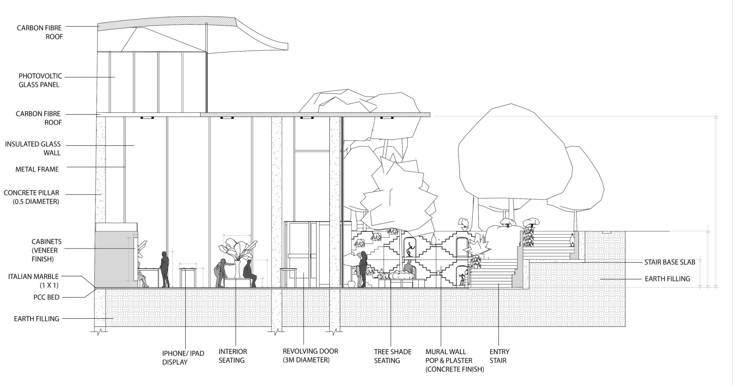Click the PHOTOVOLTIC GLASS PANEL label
(x=40, y=80)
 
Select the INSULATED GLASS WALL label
(x=33, y=148)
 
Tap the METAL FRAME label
(x=37, y=169)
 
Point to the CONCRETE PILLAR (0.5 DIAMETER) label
(x=32, y=197)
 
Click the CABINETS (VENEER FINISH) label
(x=46, y=250)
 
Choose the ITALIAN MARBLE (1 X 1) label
(x=34, y=280)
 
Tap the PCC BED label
(x=46, y=297)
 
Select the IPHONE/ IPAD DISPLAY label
(x=183, y=357)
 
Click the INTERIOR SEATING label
(x=232, y=356)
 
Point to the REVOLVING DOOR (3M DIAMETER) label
(x=310, y=355)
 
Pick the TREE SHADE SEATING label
(x=392, y=356)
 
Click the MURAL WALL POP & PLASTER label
(x=454, y=360)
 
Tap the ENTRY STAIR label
(x=499, y=356)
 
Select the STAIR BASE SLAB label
(x=670, y=262)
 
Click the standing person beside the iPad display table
(x=164, y=269)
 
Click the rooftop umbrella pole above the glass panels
(x=207, y=68)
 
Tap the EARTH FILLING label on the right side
(x=667, y=279)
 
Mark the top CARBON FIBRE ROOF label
(x=39, y=32)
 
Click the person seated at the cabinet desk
(x=142, y=276)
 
